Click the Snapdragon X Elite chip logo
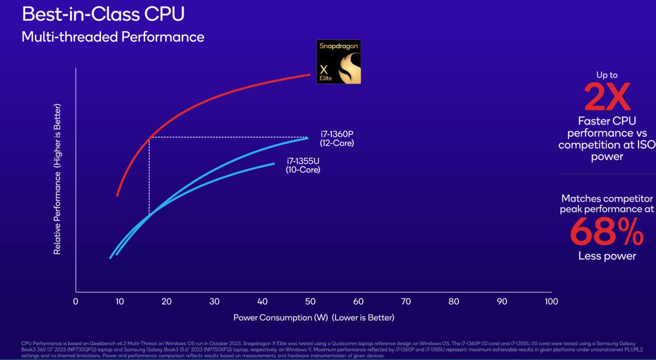tap(338, 62)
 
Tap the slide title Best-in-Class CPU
tap(103, 14)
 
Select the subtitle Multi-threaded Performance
tap(113, 37)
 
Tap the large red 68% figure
tap(607, 233)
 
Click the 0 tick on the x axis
tap(75, 301)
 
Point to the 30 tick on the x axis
tap(215, 301)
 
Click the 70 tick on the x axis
tap(406, 301)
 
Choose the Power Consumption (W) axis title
tap(313, 317)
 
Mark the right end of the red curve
tap(309, 74)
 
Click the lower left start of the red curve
tap(118, 194)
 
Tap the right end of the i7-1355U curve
tap(273, 163)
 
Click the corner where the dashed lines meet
tap(149, 137)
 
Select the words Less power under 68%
tap(607, 256)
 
